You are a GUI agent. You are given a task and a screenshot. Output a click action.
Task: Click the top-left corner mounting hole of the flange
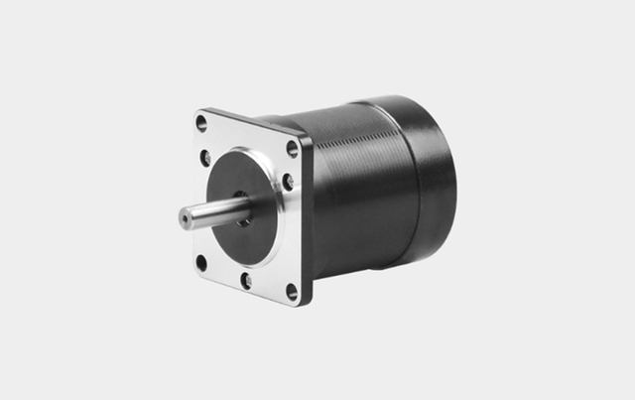(x=202, y=124)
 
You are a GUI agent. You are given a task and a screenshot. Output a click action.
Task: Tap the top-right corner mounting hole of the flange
(x=293, y=149)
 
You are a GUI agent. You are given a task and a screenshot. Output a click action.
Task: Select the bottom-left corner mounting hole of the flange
(x=201, y=263)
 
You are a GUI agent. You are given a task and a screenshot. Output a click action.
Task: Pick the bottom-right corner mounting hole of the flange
(x=292, y=291)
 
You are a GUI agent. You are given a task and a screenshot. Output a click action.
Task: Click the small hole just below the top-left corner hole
(x=205, y=157)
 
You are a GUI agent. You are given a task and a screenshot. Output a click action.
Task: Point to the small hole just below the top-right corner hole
(x=288, y=182)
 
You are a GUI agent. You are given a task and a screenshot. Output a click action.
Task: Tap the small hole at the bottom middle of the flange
(x=245, y=281)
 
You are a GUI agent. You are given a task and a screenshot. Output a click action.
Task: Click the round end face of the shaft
(x=187, y=216)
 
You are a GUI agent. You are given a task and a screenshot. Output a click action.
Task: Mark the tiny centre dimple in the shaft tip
(x=186, y=216)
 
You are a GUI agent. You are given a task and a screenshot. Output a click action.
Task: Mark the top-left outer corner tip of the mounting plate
(x=195, y=111)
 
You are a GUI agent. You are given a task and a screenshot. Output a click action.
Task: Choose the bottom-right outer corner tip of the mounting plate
(x=298, y=305)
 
